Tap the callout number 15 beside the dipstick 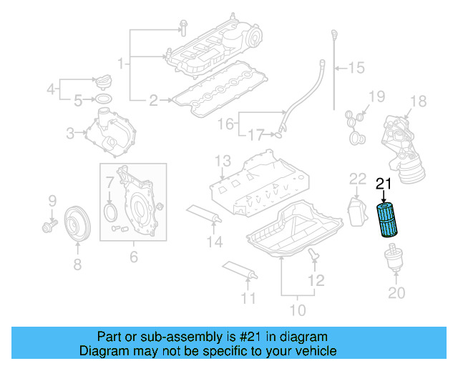coord(356,69)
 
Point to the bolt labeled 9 coord(52,226)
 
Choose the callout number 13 coord(223,160)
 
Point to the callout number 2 coord(152,101)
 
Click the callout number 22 coord(357,179)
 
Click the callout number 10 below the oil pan coord(297,310)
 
